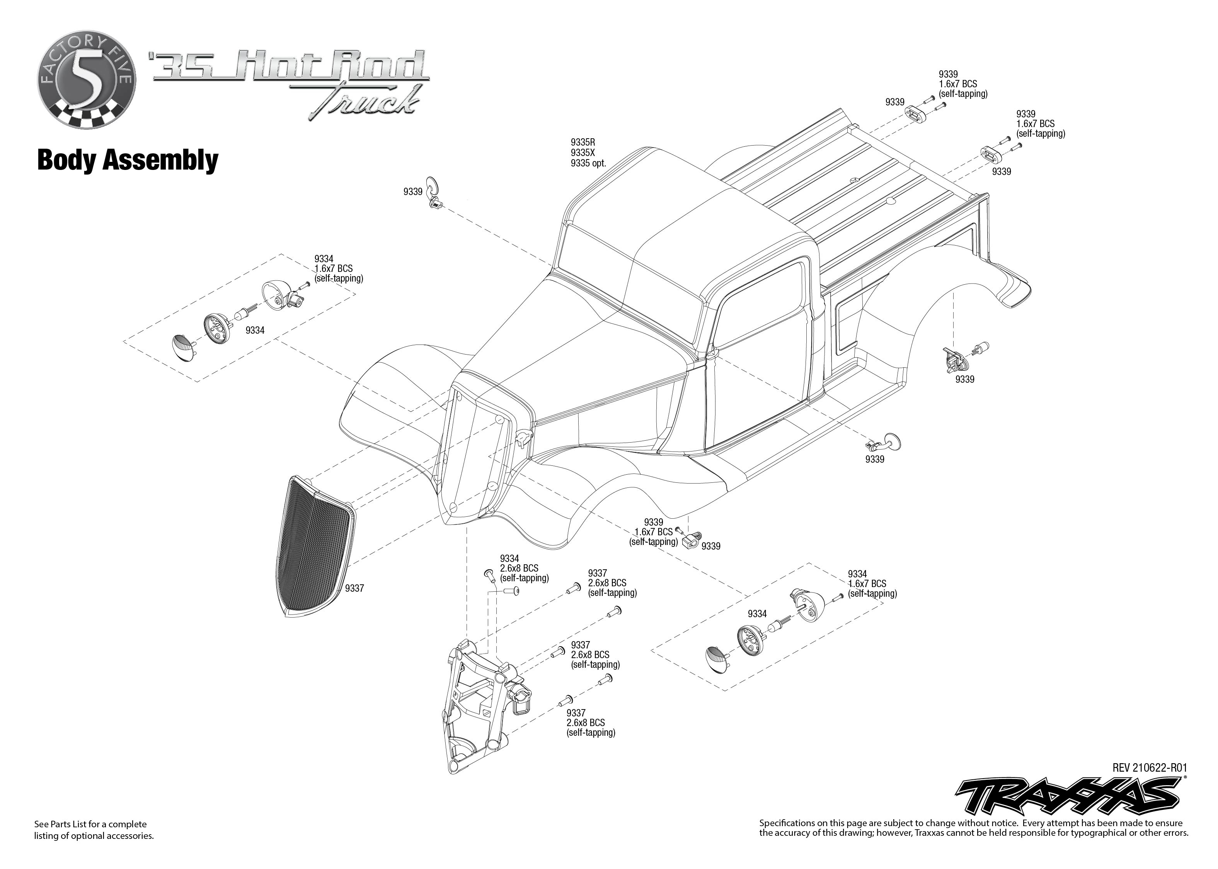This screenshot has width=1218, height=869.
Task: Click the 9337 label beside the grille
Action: (x=354, y=588)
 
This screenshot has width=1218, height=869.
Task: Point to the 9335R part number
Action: (x=583, y=143)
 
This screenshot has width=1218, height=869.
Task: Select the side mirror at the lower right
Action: (x=885, y=442)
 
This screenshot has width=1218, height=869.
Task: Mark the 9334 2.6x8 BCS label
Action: (x=524, y=568)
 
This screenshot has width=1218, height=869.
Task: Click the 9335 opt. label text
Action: (x=588, y=163)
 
